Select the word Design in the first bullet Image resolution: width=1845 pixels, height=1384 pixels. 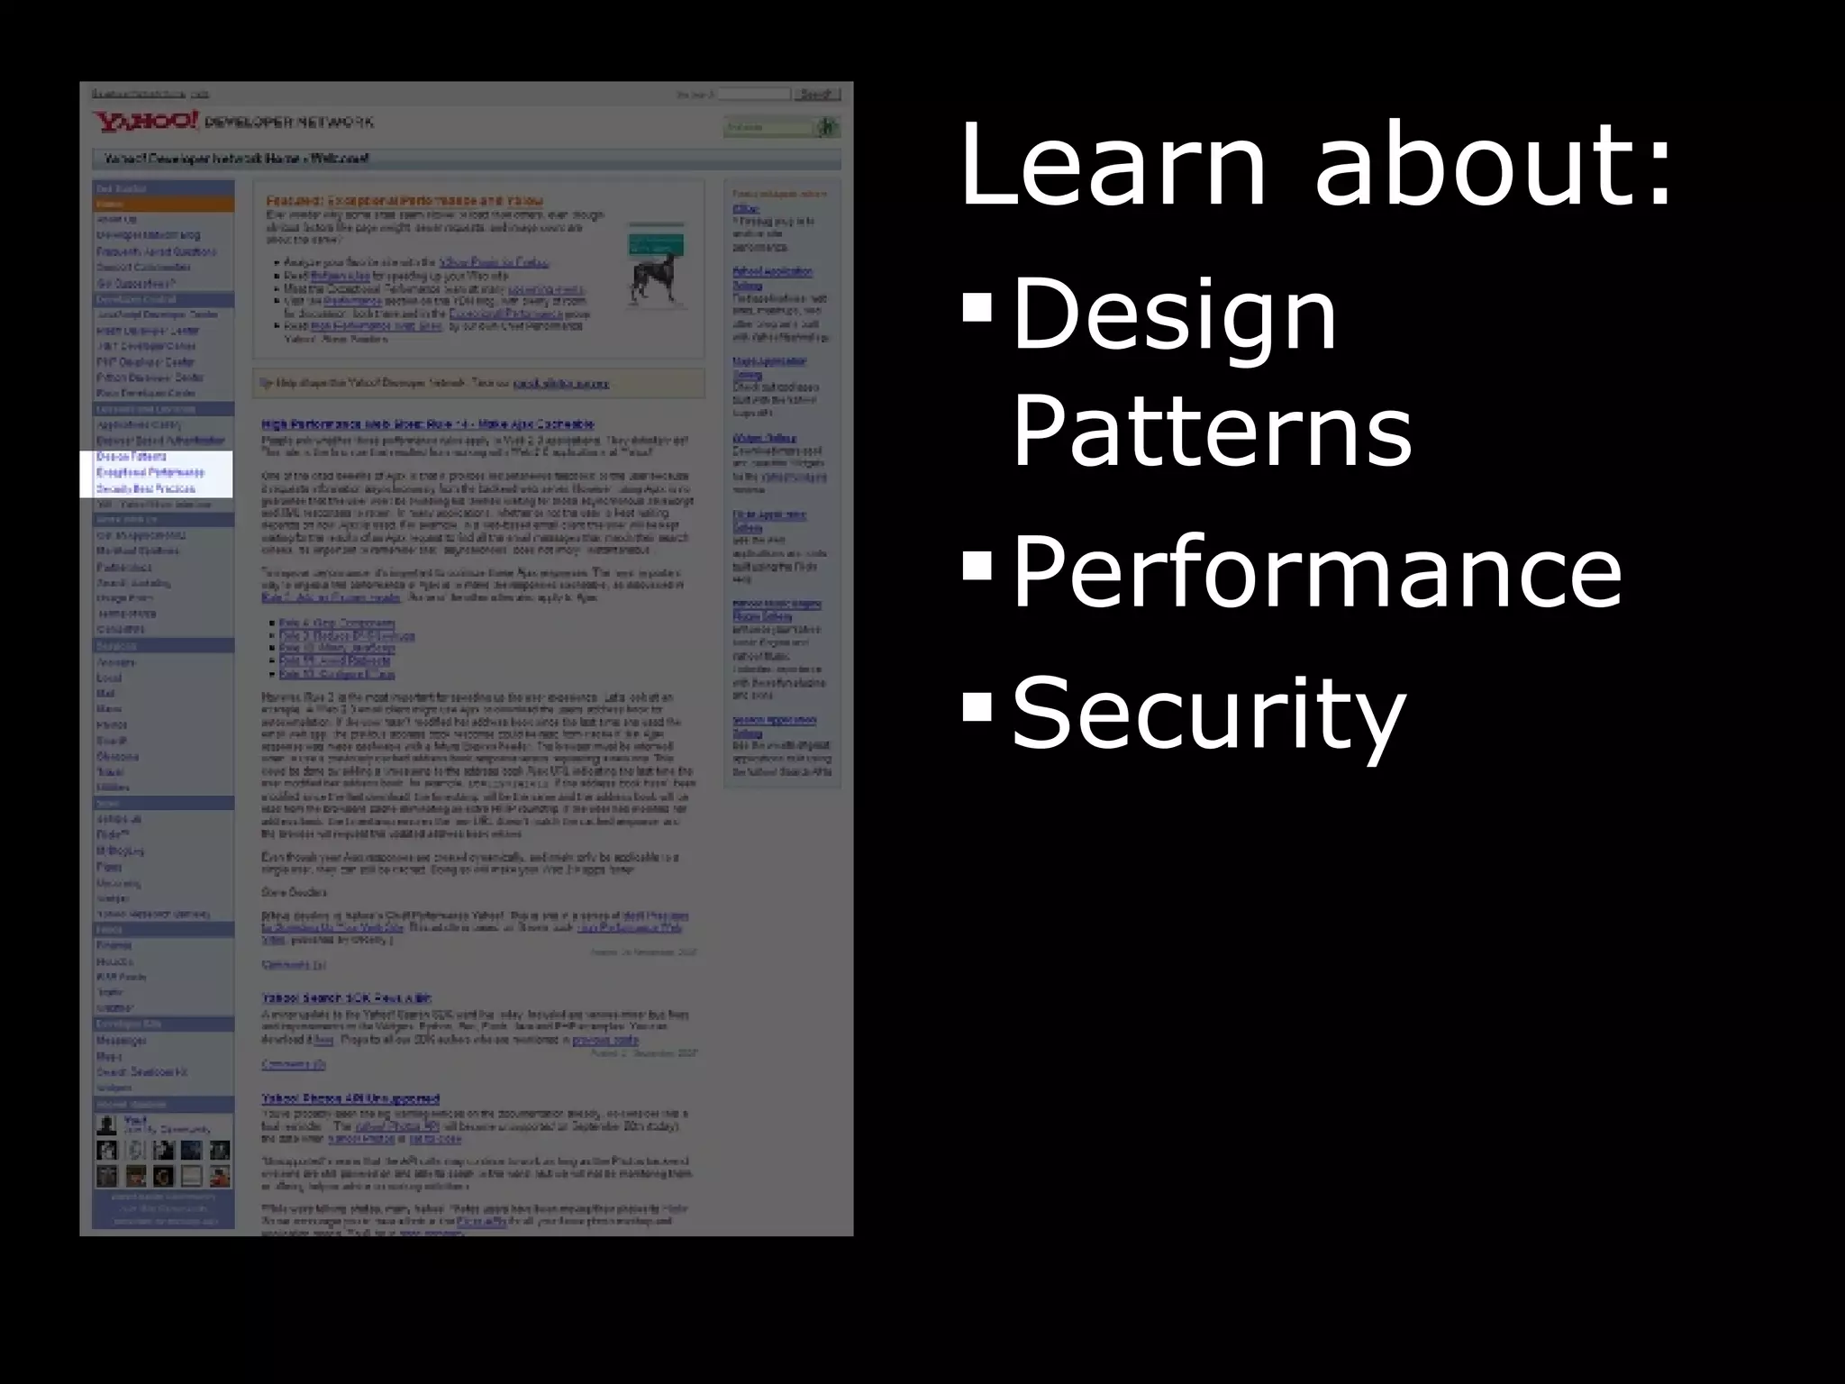pos(1175,315)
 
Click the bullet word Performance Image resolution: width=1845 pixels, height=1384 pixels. pos(1317,571)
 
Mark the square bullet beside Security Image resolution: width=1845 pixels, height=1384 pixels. pos(977,706)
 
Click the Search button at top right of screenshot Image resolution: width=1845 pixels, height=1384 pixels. pos(816,94)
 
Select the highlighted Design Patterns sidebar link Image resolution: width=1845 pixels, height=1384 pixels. pos(132,457)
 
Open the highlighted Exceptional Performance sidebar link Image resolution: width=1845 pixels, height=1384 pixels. pos(150,472)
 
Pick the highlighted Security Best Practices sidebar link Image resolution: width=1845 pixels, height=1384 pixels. pos(146,488)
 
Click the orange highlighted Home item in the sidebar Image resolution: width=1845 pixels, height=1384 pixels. pos(162,205)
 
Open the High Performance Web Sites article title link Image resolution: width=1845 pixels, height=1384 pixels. pos(428,423)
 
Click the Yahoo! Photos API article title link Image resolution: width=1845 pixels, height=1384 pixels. pos(350,1098)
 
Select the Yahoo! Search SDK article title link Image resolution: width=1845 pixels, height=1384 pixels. pos(347,997)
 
